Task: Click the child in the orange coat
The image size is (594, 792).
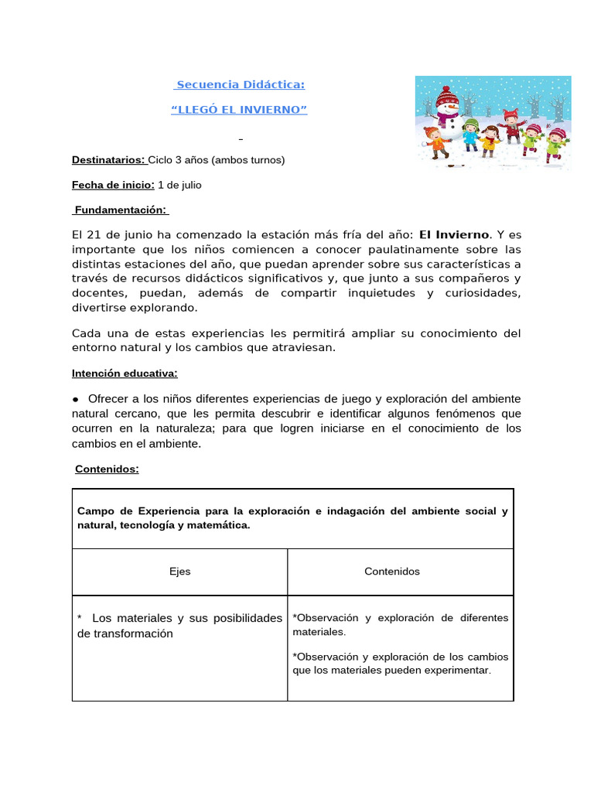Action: pos(437,142)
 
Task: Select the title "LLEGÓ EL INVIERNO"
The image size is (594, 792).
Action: pos(239,110)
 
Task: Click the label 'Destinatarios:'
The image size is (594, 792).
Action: pos(108,160)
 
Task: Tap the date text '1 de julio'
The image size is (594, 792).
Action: pos(179,185)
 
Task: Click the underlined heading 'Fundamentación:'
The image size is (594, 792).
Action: pos(121,210)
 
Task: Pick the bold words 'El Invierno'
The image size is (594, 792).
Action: pos(454,234)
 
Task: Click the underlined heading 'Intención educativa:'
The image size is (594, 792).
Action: pos(125,374)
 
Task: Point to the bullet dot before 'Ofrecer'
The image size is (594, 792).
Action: pos(77,399)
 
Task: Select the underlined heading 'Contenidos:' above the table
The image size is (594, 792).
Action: pos(107,469)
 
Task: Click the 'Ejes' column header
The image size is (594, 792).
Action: pos(179,572)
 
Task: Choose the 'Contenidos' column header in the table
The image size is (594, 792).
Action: pos(392,572)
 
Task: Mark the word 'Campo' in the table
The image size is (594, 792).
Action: pos(94,511)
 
